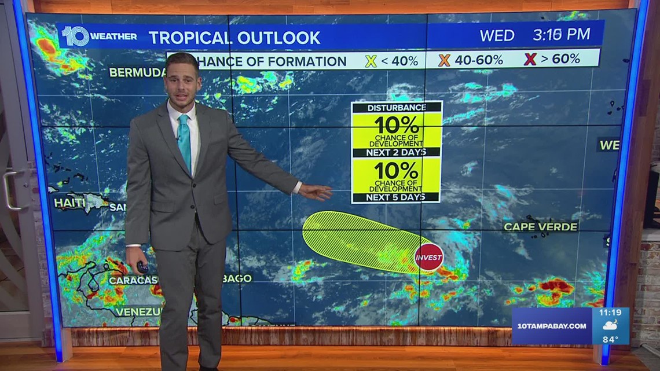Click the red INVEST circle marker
428,258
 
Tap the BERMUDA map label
137,73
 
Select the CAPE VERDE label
540,227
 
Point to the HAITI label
69,203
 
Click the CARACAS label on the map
133,280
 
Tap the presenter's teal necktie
184,141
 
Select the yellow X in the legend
371,60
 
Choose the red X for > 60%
529,59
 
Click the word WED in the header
497,35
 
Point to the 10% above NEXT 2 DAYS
396,125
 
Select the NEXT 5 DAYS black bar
396,197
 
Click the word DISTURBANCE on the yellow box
397,108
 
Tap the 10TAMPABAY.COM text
550,326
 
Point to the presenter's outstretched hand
316,192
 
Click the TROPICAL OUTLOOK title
234,38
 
